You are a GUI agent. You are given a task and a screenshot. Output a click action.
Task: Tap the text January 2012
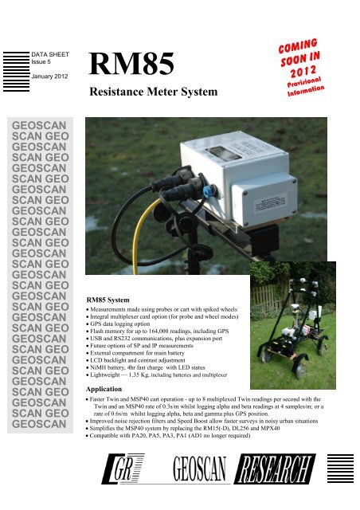pyautogui.click(x=49, y=77)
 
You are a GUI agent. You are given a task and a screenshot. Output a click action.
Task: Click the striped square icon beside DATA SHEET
pyautogui.click(x=16, y=63)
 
